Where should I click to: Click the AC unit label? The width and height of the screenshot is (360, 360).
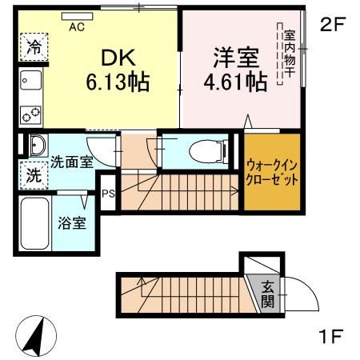click(x=77, y=26)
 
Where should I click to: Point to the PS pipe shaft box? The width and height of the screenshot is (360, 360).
click(x=107, y=193)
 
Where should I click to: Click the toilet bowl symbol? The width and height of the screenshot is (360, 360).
click(x=203, y=150)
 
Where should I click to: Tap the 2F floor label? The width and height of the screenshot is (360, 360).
click(x=331, y=24)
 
